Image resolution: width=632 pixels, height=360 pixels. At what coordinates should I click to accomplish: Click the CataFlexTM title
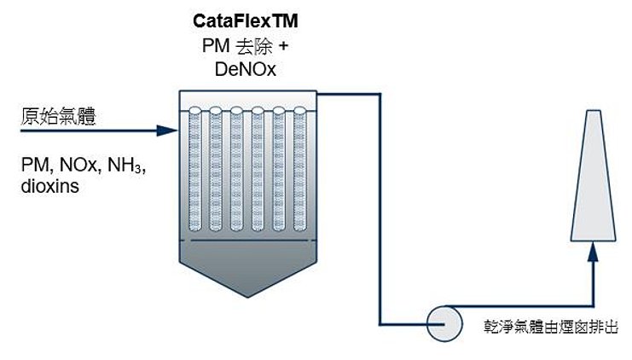[246, 21]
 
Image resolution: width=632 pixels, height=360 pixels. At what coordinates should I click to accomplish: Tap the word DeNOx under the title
[246, 69]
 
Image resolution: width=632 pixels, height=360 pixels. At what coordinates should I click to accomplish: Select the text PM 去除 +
[246, 46]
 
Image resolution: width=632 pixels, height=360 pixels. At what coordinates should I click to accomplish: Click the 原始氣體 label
[59, 117]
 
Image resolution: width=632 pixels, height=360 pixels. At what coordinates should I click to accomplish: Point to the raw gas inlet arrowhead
[167, 131]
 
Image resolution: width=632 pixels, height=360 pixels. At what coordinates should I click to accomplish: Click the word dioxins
[50, 186]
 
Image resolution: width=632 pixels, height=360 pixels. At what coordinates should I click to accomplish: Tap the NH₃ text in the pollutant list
[125, 165]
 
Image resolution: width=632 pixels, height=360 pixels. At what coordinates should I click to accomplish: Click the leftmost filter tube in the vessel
[195, 169]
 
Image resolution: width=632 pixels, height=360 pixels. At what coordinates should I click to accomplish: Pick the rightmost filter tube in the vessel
[300, 169]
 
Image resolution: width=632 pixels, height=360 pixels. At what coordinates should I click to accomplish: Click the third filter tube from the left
[236, 169]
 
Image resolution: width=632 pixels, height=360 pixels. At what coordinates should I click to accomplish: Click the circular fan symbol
[444, 323]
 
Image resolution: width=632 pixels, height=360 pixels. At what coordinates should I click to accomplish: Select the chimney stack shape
[593, 176]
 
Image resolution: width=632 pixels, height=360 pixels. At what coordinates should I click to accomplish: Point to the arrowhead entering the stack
[593, 252]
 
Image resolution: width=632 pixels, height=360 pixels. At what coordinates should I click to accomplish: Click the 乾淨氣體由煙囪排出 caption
[551, 327]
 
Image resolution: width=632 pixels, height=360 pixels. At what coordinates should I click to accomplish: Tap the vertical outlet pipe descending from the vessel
[380, 209]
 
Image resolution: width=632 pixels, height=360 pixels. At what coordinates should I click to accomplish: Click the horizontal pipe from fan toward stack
[520, 306]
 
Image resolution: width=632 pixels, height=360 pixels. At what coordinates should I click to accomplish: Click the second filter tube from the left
[216, 169]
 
